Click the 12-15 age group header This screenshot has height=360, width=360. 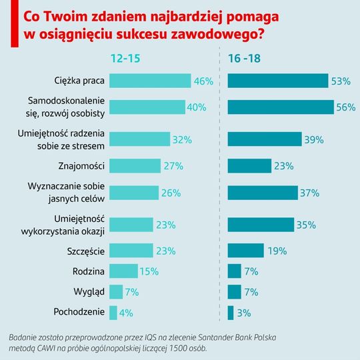pos(125,58)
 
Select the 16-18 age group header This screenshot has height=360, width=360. pos(244,58)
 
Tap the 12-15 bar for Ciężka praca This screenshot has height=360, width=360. pos(150,81)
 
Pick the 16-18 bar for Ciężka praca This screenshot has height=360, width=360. pos(278,81)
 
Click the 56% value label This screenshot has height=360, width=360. pos(346,107)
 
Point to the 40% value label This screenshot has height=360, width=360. pos(197,107)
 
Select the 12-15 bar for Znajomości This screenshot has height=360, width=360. pos(135,166)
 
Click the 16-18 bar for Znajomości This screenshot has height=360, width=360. pos(249,166)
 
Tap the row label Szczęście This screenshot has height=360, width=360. pos(86,251)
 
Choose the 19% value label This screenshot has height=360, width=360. pos(277,251)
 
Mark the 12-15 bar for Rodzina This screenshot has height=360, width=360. pos(123,271)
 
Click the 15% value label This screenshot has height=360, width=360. pos(149,271)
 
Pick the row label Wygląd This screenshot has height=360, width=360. pos(89,292)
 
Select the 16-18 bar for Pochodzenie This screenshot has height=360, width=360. pos(231,313)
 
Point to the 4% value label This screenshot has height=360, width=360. pos(126,313)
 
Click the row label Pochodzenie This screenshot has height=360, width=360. pos(79,312)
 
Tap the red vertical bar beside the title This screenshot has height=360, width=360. pos(15,23)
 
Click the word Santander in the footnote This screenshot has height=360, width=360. pos(215,337)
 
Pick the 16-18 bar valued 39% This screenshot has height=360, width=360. pos(265,139)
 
